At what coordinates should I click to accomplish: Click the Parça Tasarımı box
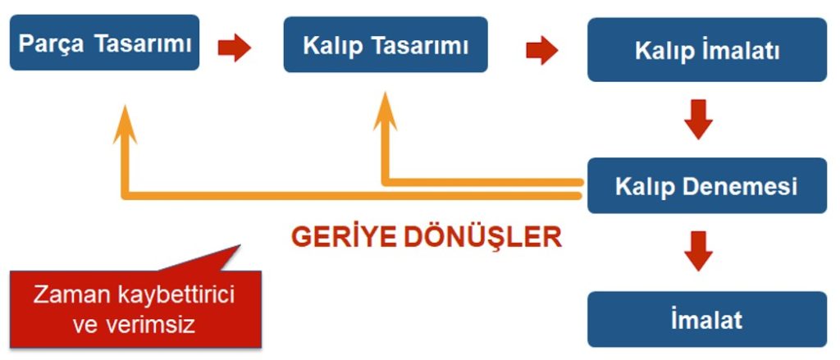pyautogui.click(x=105, y=43)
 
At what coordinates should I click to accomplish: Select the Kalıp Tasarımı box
pyautogui.click(x=386, y=44)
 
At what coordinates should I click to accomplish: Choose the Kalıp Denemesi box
pyautogui.click(x=706, y=185)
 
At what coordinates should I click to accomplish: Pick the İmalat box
pyautogui.click(x=706, y=318)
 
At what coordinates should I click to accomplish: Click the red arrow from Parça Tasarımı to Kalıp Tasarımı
pyautogui.click(x=234, y=47)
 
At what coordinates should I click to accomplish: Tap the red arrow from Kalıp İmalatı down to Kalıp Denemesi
pyautogui.click(x=698, y=119)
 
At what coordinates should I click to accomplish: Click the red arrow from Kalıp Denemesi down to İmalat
pyautogui.click(x=698, y=251)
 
